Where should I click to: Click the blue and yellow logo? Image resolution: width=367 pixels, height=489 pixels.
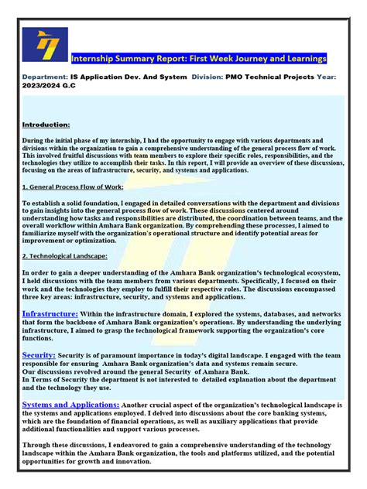[45, 45]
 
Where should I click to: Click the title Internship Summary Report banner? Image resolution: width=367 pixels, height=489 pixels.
[199, 59]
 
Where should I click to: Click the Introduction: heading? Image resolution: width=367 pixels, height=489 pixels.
[46, 124]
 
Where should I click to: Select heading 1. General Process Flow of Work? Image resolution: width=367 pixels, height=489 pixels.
[74, 186]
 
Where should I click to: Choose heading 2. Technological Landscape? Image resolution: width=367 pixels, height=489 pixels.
[65, 255]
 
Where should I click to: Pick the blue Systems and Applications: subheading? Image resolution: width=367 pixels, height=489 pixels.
[70, 405]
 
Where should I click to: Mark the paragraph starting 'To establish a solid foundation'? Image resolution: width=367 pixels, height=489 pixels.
[183, 221]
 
